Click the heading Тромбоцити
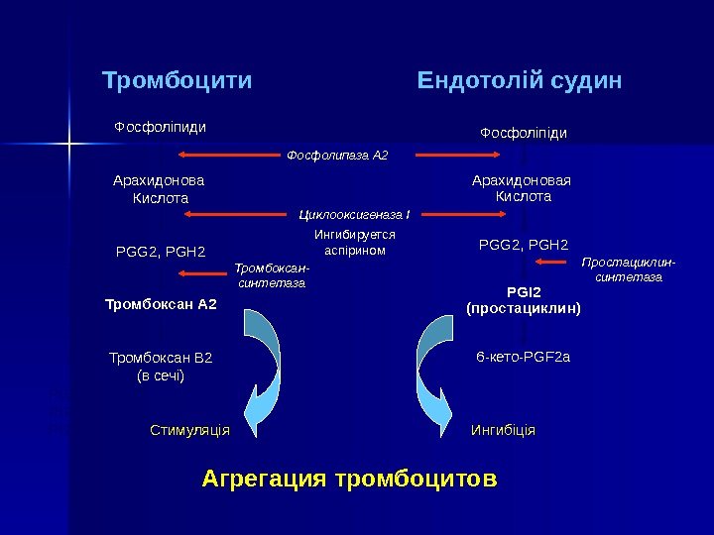click(x=178, y=80)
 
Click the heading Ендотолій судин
click(x=521, y=80)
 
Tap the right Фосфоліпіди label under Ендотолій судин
click(x=524, y=133)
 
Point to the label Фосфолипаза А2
click(x=337, y=156)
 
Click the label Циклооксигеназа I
click(x=355, y=213)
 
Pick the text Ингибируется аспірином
click(x=354, y=243)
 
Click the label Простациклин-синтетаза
click(x=628, y=269)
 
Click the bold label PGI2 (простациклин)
click(x=523, y=301)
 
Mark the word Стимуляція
click(x=189, y=431)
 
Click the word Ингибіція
click(x=503, y=431)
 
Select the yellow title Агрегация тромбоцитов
click(x=349, y=481)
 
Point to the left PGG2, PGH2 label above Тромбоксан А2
click(x=161, y=252)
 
